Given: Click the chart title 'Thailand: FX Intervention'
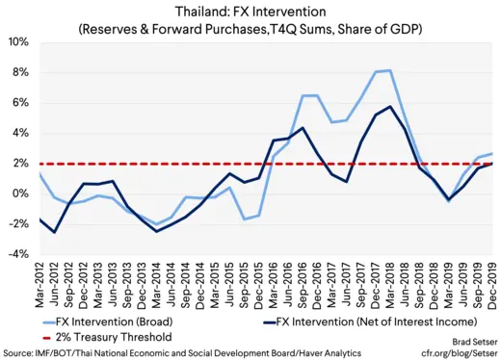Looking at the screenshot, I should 250,12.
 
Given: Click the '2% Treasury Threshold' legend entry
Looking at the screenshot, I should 109,337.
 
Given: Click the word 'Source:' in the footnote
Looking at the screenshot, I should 19,352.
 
